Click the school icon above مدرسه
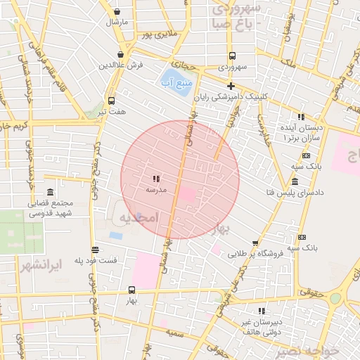(156, 179)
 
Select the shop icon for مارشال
(117, 11)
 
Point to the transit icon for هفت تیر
(111, 101)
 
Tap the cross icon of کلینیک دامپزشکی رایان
(231, 85)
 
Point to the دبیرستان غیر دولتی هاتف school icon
(262, 311)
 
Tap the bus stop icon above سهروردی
(231, 56)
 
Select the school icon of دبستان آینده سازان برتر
(301, 117)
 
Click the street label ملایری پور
(156, 34)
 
